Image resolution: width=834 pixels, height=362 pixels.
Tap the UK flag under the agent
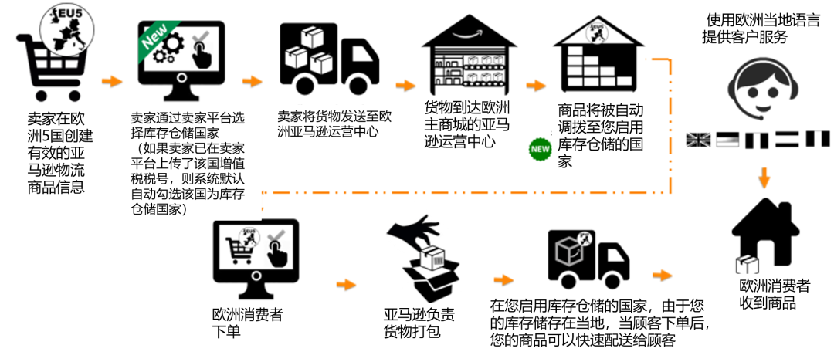pyautogui.click(x=698, y=140)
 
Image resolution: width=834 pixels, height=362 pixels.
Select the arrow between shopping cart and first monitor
pyautogui.click(x=112, y=80)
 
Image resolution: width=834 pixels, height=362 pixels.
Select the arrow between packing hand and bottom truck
pyautogui.click(x=503, y=279)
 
